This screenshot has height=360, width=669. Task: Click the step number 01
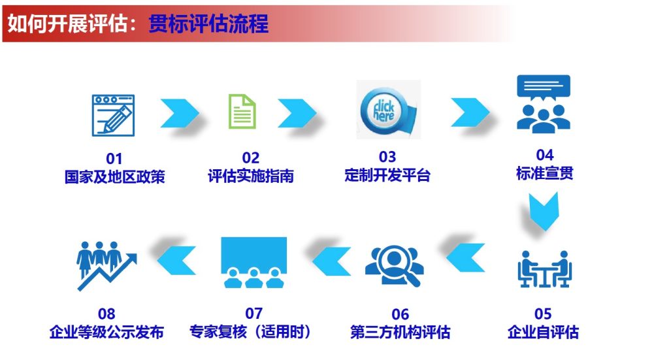114,158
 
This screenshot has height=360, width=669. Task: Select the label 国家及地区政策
114,176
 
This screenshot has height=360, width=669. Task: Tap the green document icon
242,112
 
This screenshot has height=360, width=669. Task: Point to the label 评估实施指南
251,176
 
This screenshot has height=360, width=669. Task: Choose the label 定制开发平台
387,175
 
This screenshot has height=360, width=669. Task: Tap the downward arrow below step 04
544,211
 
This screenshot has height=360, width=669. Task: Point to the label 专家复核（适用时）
253,331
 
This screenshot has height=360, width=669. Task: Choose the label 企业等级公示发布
106,332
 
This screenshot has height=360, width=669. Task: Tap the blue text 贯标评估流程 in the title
208,24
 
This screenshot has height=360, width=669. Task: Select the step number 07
253,314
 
